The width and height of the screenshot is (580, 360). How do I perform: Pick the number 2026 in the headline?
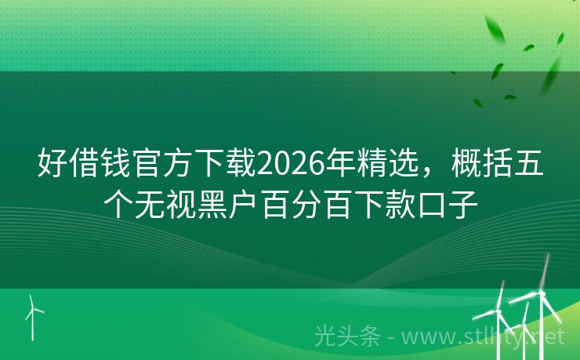tap(291, 164)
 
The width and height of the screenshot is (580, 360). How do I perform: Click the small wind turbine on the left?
tap(33, 318)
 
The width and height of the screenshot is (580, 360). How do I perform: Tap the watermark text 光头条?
tap(347, 336)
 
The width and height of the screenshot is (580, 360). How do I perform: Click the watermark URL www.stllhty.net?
tap(483, 337)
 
